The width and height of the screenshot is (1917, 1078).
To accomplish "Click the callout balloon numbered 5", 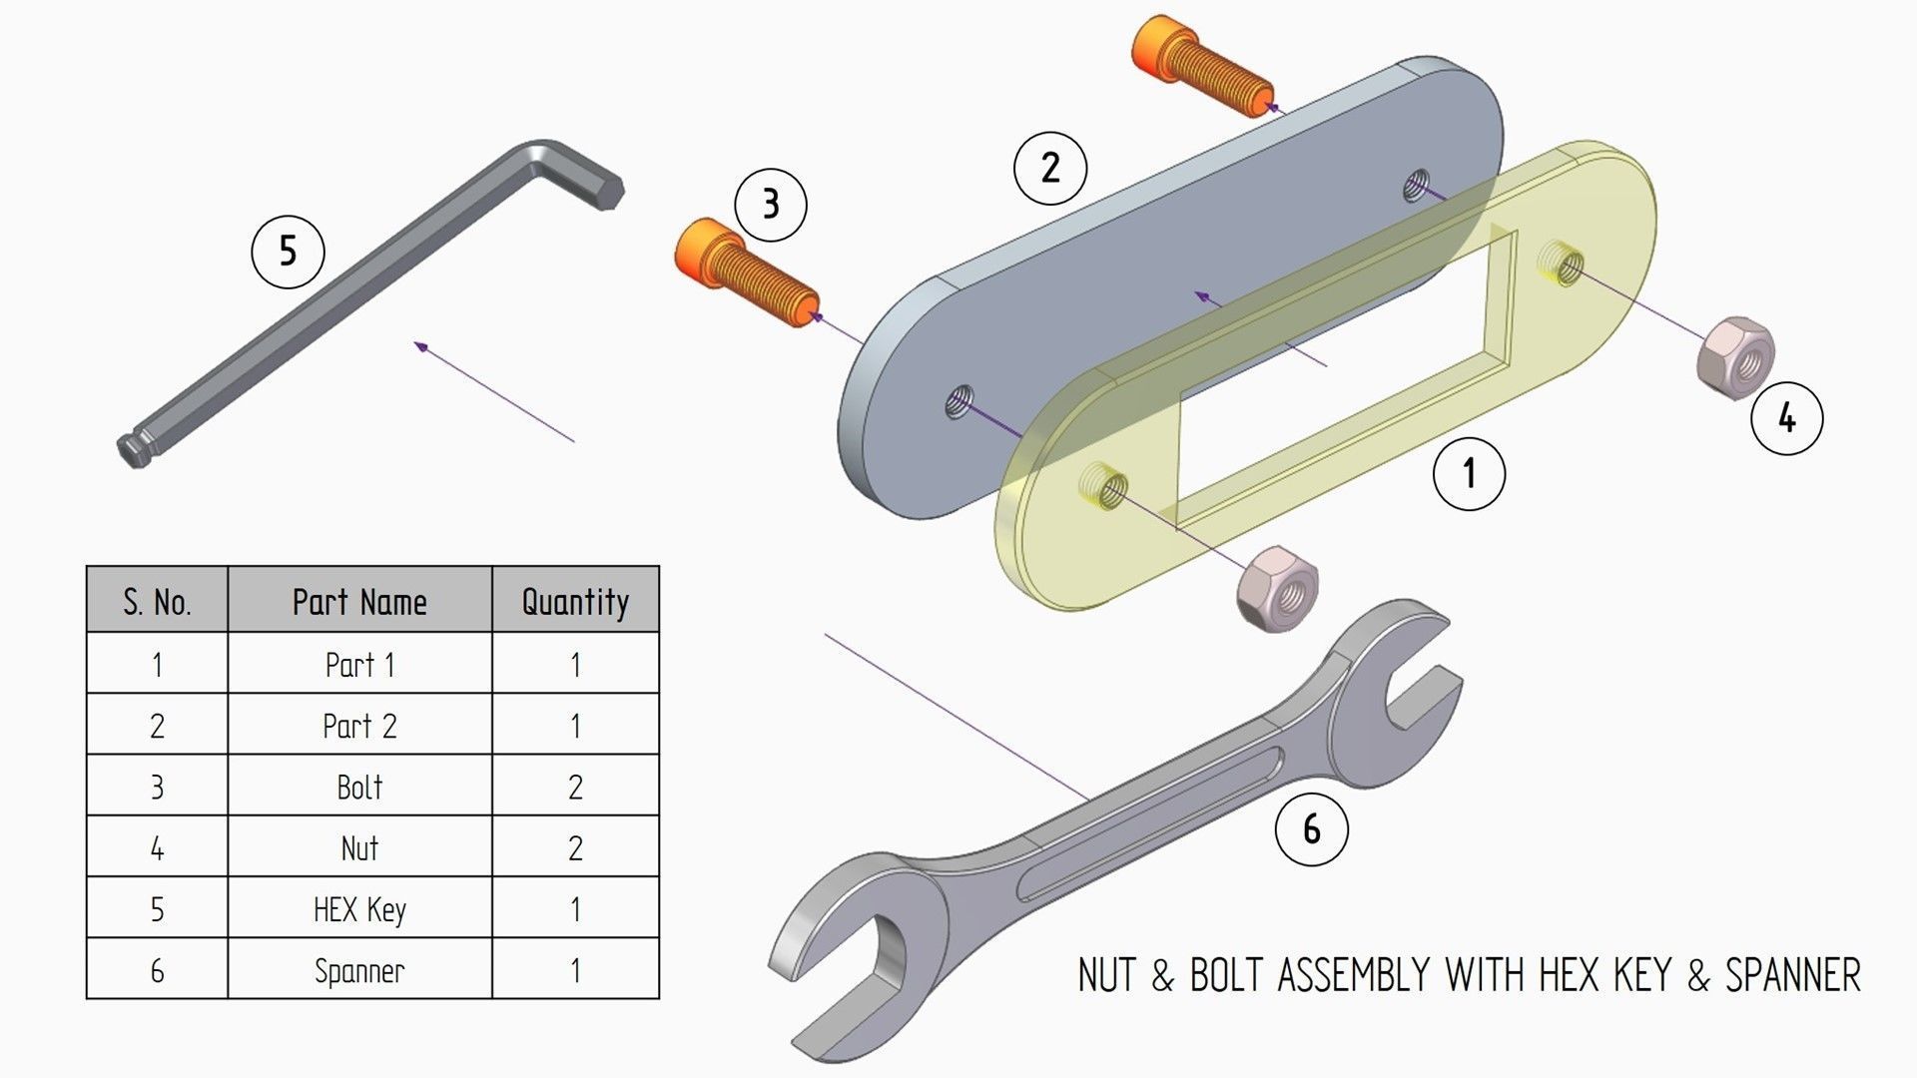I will coord(288,252).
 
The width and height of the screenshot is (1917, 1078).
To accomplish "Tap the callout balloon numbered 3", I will coord(770,205).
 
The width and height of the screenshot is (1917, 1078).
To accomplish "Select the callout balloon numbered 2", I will coord(1049,168).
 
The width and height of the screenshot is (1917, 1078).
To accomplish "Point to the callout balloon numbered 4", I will coord(1786,418).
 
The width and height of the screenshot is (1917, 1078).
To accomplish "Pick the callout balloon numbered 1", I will coord(1468,473).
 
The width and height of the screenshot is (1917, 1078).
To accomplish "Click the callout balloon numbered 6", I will coord(1311,828).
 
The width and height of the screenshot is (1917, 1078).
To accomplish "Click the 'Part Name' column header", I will coord(359,601).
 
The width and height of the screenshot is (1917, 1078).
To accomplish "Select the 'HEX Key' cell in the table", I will coord(359,908).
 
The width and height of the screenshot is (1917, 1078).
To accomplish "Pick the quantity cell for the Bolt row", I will coord(575,787).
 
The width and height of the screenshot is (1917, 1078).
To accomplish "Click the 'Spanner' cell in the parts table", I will coord(359,970).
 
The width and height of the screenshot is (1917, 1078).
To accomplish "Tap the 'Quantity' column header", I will coord(575,601).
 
